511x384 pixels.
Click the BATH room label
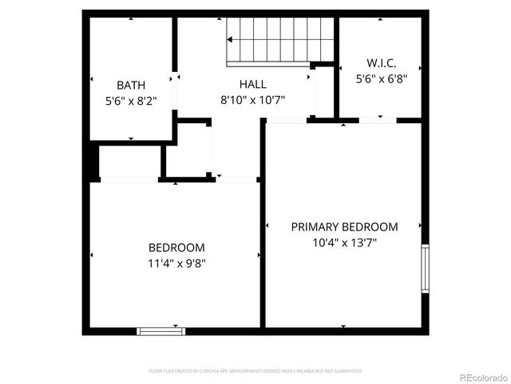[x=131, y=85]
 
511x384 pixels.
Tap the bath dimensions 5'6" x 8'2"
[x=131, y=102]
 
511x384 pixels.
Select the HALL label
[x=252, y=84]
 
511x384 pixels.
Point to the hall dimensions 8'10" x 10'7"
[x=252, y=100]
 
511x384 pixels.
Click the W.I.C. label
[x=381, y=62]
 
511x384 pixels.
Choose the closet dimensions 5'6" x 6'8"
[x=381, y=78]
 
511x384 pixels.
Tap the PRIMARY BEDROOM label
[x=344, y=226]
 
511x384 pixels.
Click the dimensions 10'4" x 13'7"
[x=344, y=243]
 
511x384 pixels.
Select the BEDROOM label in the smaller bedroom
[x=176, y=247]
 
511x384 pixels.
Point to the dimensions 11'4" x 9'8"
[x=176, y=263]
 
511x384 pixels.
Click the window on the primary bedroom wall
[x=426, y=268]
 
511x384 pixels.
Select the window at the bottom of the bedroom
[x=161, y=330]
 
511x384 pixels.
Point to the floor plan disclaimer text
[x=255, y=371]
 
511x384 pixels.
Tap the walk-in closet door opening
[x=378, y=121]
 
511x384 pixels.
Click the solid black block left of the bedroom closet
[x=92, y=162]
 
